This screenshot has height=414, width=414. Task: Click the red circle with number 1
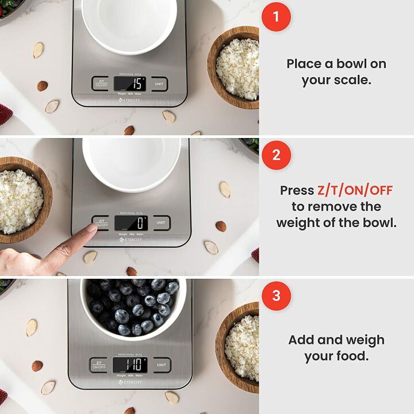276,16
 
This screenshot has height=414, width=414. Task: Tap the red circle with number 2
276,155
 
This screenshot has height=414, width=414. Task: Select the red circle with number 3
276,296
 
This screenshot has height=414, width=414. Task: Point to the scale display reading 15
129,84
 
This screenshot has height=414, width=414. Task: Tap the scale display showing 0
131,223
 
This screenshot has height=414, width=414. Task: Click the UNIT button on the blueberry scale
162,365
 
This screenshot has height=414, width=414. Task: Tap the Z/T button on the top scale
101,84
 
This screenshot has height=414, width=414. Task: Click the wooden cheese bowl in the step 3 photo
238,345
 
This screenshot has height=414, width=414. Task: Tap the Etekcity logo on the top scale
129,100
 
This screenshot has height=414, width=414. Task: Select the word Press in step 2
297,190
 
